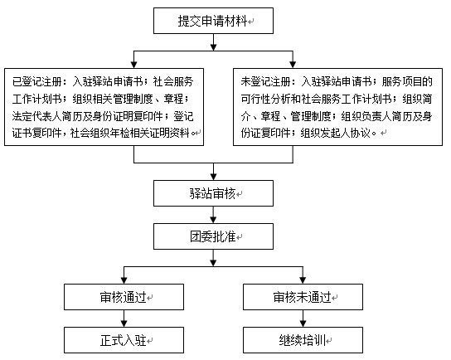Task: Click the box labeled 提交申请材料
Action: pos(213,21)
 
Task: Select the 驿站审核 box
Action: pos(213,193)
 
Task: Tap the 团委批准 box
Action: pos(213,236)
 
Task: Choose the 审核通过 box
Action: pos(124,297)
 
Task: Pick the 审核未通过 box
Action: pos(303,297)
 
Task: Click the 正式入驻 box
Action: pos(124,340)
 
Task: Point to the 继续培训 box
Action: pos(303,340)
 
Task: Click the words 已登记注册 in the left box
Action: pos(36,82)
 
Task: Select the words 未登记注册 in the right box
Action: pos(266,82)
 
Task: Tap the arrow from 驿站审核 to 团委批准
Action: pos(213,215)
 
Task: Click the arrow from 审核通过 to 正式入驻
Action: pos(124,319)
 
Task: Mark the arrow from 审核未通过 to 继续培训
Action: pos(303,319)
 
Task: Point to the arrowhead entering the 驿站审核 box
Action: pos(213,177)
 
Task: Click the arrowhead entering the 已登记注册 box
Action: pos(133,65)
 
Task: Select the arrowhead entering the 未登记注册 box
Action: pos(293,65)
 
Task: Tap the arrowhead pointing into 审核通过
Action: pos(124,280)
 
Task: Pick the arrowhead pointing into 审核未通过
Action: pos(303,280)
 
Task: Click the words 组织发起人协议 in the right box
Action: pos(335,133)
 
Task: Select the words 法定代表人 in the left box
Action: pos(36,116)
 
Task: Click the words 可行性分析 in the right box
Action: pos(266,100)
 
